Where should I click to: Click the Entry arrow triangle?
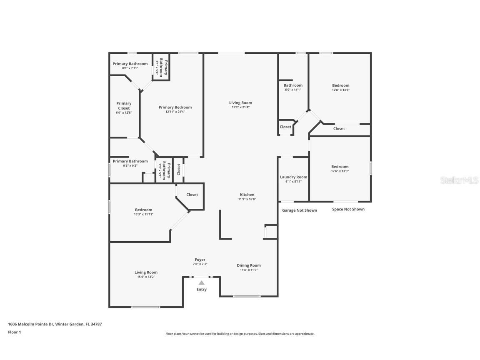point(201,282)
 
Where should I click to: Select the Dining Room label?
point(249,265)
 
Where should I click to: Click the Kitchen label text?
point(247,195)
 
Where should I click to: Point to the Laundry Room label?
point(293,177)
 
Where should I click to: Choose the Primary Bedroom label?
point(175,107)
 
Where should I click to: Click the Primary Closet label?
point(124,106)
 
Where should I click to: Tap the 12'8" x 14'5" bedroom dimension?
point(340,90)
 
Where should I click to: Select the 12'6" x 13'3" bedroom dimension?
point(340,171)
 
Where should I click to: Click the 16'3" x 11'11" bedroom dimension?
point(143,214)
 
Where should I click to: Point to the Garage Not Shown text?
point(299,210)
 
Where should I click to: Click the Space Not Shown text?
point(348,209)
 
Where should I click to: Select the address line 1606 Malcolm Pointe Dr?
point(55,324)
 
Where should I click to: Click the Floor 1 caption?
point(14,332)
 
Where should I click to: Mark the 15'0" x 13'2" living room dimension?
point(146,277)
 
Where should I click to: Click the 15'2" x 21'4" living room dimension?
point(240,107)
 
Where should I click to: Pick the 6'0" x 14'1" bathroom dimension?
point(293,90)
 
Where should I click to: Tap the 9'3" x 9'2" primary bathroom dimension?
point(130,165)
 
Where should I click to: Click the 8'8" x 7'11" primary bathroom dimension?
point(130,68)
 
